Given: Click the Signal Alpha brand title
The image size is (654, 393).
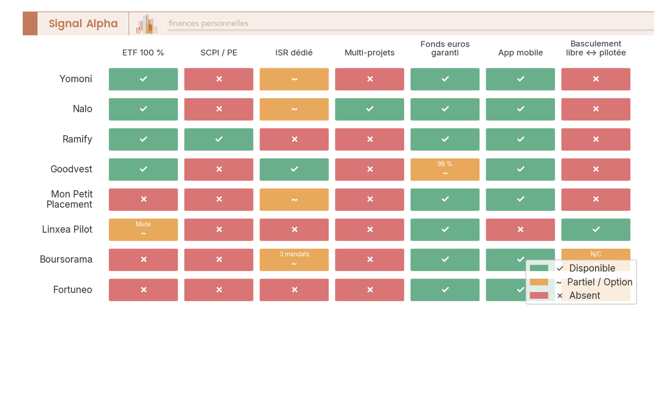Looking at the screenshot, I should tap(83, 23).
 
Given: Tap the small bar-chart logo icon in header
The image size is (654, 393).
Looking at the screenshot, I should tap(147, 24).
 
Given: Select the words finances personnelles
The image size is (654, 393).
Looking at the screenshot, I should tap(208, 23).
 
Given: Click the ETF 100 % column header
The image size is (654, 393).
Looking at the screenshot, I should tap(143, 53).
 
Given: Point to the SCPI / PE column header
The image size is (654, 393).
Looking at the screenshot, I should tap(219, 53).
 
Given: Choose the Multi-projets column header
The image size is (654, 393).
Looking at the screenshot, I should tap(370, 53).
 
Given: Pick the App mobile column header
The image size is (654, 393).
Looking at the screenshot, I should tap(520, 53).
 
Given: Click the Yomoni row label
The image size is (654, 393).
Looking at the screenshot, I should tap(76, 79).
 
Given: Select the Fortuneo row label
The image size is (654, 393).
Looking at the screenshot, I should tap(72, 290).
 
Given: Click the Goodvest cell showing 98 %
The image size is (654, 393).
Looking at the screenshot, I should tap(445, 170).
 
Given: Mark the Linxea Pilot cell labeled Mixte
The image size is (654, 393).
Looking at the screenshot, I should tap(143, 229).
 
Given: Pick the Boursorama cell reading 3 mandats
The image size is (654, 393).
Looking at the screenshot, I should tap(294, 260).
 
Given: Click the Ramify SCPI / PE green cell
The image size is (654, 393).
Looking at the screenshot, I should tap(219, 140).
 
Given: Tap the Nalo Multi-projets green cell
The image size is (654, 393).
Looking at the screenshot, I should tap(370, 109).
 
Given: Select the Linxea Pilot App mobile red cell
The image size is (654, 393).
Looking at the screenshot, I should tap(520, 229).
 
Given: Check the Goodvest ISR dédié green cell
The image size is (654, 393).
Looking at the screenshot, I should tap(294, 170).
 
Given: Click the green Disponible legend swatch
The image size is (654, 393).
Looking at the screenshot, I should tap(539, 268).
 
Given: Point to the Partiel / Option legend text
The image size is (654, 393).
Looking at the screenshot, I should tap(599, 282).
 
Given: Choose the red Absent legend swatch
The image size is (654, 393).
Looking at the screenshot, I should tap(539, 295).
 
